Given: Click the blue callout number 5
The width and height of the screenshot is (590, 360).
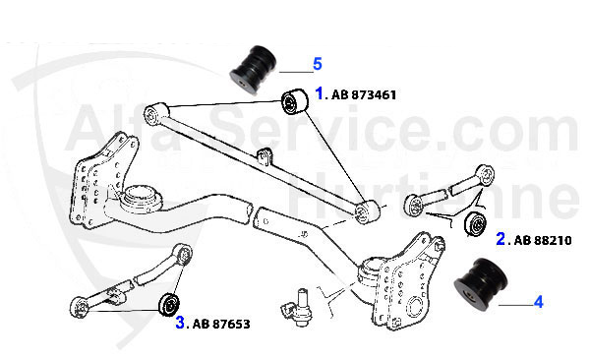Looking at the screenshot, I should tap(318, 65).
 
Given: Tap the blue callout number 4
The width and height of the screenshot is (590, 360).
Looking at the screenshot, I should tap(538, 303).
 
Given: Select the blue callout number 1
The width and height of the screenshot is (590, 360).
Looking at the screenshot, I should tap(319, 94).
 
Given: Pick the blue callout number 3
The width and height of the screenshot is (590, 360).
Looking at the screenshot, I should tap(180, 321).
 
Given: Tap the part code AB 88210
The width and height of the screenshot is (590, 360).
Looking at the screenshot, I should tap(542, 239).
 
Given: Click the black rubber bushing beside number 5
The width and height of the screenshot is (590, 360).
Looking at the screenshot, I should tap(254, 65).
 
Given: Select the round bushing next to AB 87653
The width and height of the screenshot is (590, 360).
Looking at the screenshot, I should tap(169, 299).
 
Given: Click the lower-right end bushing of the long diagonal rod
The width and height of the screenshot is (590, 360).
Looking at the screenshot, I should tap(369, 210).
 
